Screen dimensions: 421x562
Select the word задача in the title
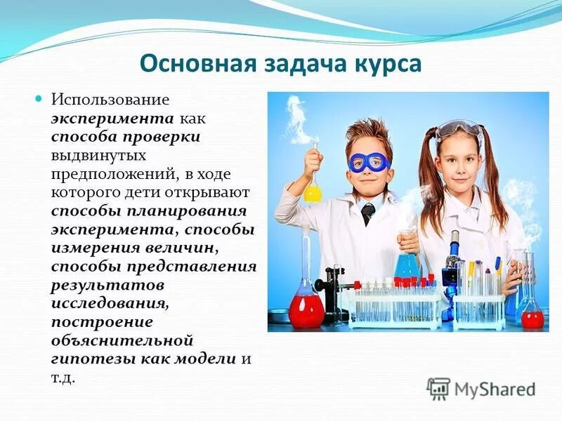point(296,63)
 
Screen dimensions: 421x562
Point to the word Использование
point(110,101)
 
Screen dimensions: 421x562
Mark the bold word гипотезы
point(83,359)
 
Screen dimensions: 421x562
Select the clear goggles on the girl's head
point(459,131)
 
